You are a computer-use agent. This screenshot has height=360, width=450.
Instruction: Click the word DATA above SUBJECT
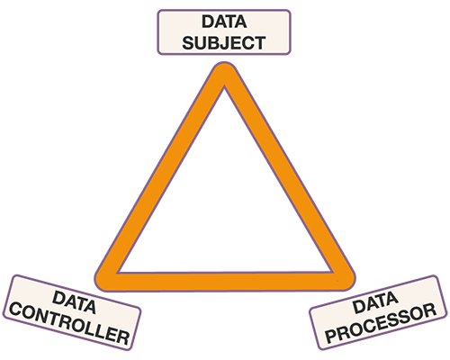pyautogui.click(x=224, y=22)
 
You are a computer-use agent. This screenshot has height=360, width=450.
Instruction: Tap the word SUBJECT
pyautogui.click(x=224, y=43)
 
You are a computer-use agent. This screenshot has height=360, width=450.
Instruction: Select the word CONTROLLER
pyautogui.click(x=69, y=324)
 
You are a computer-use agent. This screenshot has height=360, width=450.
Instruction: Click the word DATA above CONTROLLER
pyautogui.click(x=75, y=302)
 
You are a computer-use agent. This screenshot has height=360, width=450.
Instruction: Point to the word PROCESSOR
pyautogui.click(x=381, y=323)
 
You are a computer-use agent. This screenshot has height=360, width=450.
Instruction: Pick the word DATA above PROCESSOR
pyautogui.click(x=375, y=303)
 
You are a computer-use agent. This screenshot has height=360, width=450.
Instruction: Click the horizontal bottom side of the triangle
pyautogui.click(x=225, y=282)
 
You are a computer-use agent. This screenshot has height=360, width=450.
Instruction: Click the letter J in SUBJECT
pyautogui.click(x=222, y=43)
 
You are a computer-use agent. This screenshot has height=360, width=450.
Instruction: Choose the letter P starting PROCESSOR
pyautogui.click(x=332, y=336)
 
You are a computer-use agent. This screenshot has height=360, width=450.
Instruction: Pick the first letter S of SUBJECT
pyautogui.click(x=189, y=43)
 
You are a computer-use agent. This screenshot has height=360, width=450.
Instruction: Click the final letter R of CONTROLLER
pyautogui.click(x=123, y=337)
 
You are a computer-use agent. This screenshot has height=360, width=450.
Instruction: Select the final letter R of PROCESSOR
pyautogui.click(x=429, y=310)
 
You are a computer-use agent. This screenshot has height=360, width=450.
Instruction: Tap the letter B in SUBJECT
pyautogui.click(x=211, y=43)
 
